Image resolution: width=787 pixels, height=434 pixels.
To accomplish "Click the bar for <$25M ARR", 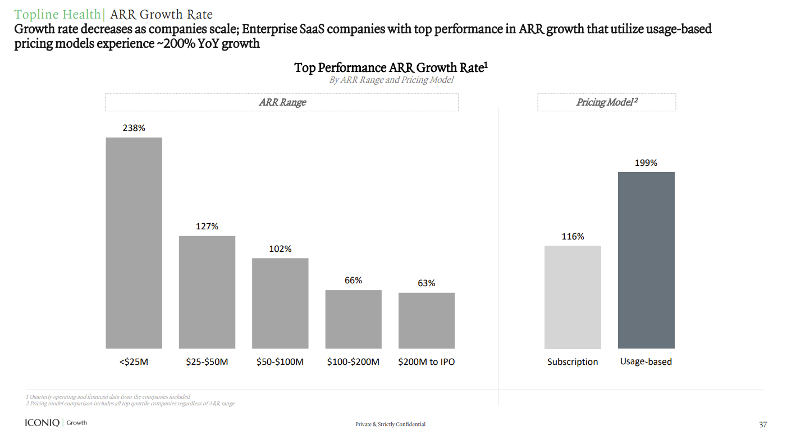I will point(134,243).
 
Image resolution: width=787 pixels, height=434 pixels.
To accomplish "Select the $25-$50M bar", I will point(207,292).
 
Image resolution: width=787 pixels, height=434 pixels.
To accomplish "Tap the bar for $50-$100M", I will point(280,303).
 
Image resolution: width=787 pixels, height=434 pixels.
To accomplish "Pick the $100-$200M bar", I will point(353,319).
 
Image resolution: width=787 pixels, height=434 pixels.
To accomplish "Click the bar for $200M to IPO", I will point(426,320).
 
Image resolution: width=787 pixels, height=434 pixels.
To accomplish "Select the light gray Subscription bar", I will point(573,297).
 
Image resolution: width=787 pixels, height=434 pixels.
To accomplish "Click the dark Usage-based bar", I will point(646,260).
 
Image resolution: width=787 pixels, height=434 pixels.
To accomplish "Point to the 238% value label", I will point(134,128).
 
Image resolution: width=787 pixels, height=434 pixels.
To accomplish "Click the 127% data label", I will point(207,226).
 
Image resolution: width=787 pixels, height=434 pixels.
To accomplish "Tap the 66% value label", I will point(353,280).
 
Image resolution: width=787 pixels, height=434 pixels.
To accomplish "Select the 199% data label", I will point(646,162).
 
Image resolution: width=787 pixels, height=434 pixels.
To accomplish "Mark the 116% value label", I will point(573,236).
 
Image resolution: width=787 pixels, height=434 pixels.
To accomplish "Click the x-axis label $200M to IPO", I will point(426,361).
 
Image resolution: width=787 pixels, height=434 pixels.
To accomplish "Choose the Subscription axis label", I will point(573,361).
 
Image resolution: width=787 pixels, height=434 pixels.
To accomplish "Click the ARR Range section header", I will point(282,102).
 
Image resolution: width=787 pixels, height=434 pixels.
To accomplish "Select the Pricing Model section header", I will point(606,102).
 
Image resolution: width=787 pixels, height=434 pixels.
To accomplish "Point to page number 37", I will point(762,424).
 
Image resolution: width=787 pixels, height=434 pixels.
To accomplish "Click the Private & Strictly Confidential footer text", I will point(390,424).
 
